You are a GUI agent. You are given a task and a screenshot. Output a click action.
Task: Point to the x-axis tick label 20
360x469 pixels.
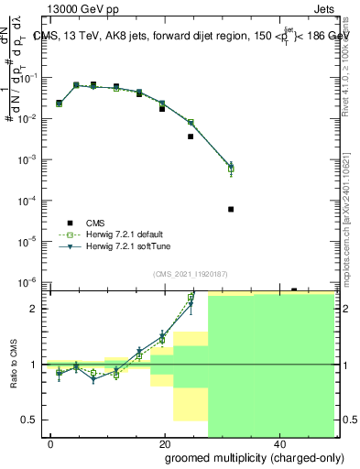tap(165, 442)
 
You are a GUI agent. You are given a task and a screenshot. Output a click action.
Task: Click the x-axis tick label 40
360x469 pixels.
tap(278, 442)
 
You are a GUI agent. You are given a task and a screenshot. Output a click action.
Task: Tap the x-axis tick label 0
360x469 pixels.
tap(50, 442)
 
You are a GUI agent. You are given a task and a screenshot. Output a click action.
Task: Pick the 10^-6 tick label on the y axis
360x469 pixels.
tap(31, 282)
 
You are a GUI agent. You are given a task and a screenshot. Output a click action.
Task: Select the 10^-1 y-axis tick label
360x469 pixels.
tap(31, 78)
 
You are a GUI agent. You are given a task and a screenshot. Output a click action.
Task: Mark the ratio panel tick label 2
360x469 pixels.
tap(35, 309)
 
